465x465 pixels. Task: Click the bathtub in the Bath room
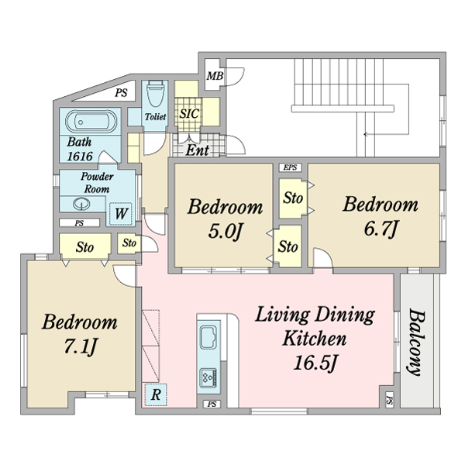click(91, 122)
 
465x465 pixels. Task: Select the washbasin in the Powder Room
click(81, 204)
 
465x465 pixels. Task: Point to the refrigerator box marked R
click(156, 394)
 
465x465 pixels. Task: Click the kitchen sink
click(208, 337)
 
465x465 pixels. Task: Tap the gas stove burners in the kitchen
click(208, 377)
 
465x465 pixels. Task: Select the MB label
click(215, 76)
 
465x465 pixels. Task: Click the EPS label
click(290, 167)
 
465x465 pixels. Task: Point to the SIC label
click(189, 114)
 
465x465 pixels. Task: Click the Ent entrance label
click(198, 150)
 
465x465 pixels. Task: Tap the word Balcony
click(417, 343)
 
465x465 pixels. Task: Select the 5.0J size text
click(226, 232)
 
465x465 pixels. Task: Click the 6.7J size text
click(381, 229)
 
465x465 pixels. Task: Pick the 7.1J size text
click(80, 346)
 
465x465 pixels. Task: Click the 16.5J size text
click(315, 363)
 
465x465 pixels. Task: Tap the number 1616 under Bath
click(80, 157)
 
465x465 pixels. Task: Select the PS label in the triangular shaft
click(122, 93)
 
